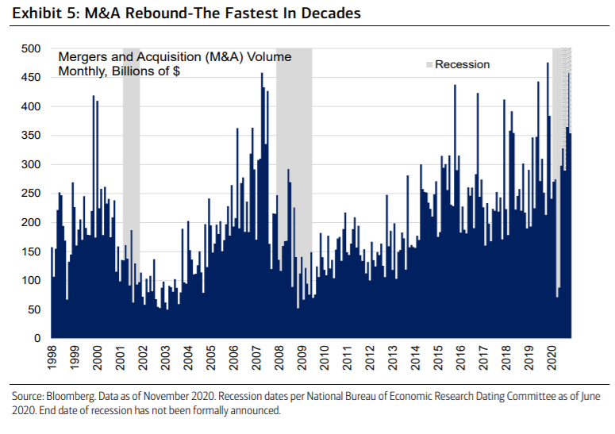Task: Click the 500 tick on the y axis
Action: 31,48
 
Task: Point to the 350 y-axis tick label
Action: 31,136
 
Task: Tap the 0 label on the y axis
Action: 37,339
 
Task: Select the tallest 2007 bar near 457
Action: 262,206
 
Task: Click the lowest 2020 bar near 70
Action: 556,318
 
